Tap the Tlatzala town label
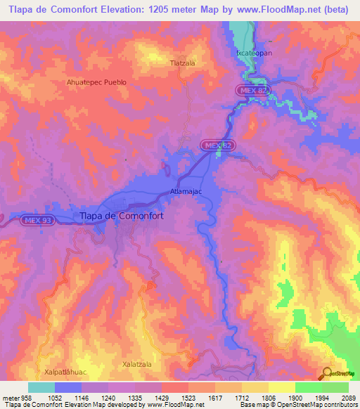point(182,63)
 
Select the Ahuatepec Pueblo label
point(96,82)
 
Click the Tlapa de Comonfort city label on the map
point(122,216)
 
